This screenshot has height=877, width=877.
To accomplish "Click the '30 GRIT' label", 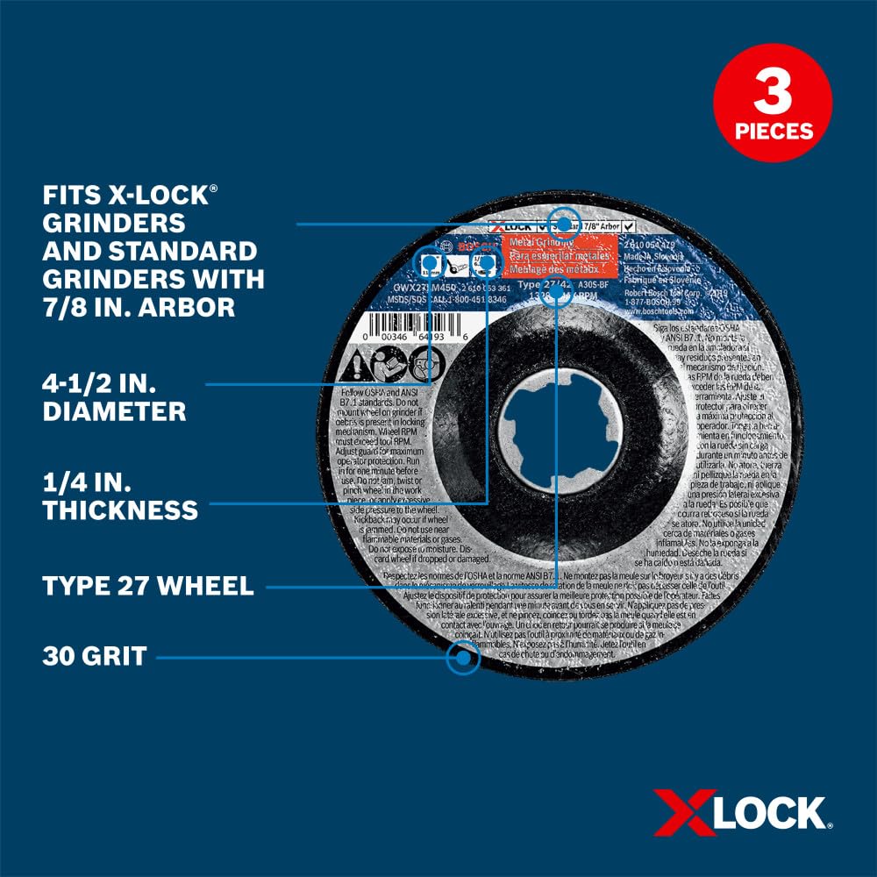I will point(94,656).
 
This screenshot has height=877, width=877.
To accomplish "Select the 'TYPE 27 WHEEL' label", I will point(147,586).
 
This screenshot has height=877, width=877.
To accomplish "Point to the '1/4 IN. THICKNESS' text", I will point(119,495).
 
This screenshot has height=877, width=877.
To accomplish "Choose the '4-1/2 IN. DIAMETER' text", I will point(114,396).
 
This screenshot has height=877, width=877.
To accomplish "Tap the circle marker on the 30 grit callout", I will point(462,657).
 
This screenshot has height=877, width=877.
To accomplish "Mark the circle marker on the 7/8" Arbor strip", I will point(563,222).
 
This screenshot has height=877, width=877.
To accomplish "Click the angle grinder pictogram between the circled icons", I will point(457,262).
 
